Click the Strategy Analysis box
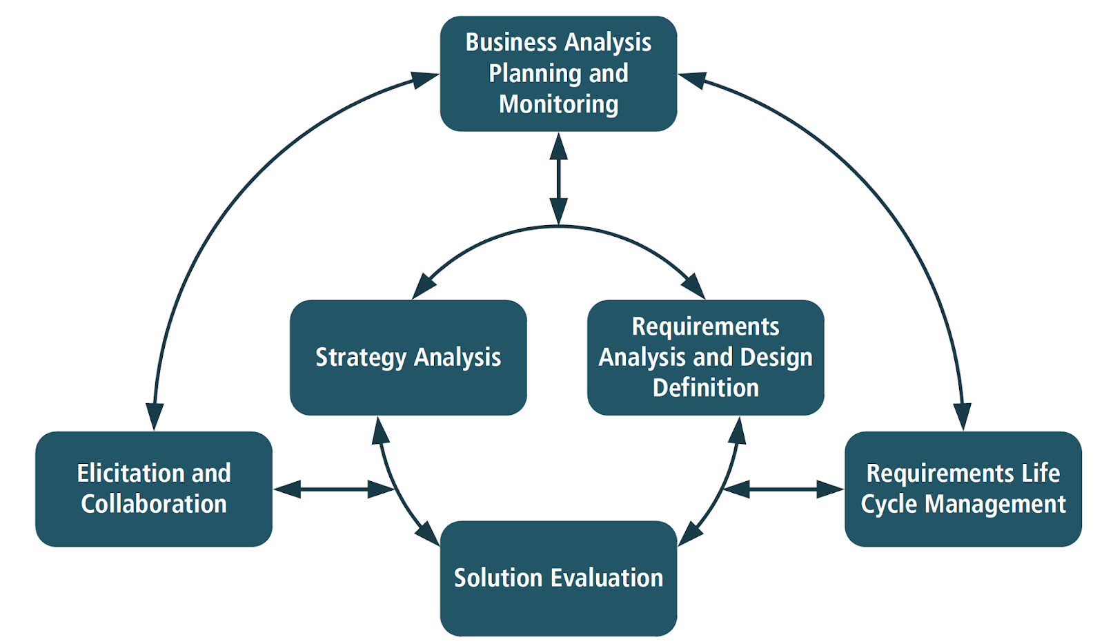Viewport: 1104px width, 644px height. click(408, 357)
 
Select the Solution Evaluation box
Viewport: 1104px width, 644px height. click(558, 578)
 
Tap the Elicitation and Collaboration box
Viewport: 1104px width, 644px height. click(153, 489)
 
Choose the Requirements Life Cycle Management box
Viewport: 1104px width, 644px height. click(963, 489)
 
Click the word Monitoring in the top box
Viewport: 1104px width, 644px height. click(558, 104)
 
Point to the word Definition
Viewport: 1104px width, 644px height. click(705, 388)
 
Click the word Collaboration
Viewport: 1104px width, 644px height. click(153, 505)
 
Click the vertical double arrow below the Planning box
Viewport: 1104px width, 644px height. click(558, 178)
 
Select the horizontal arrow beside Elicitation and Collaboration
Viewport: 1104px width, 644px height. click(334, 489)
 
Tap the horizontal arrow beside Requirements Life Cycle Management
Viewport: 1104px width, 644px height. click(783, 489)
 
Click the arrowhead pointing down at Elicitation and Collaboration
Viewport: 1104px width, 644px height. click(155, 416)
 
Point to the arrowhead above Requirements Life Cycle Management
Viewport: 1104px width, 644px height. click(963, 416)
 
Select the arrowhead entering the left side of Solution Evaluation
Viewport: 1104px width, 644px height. click(428, 534)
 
